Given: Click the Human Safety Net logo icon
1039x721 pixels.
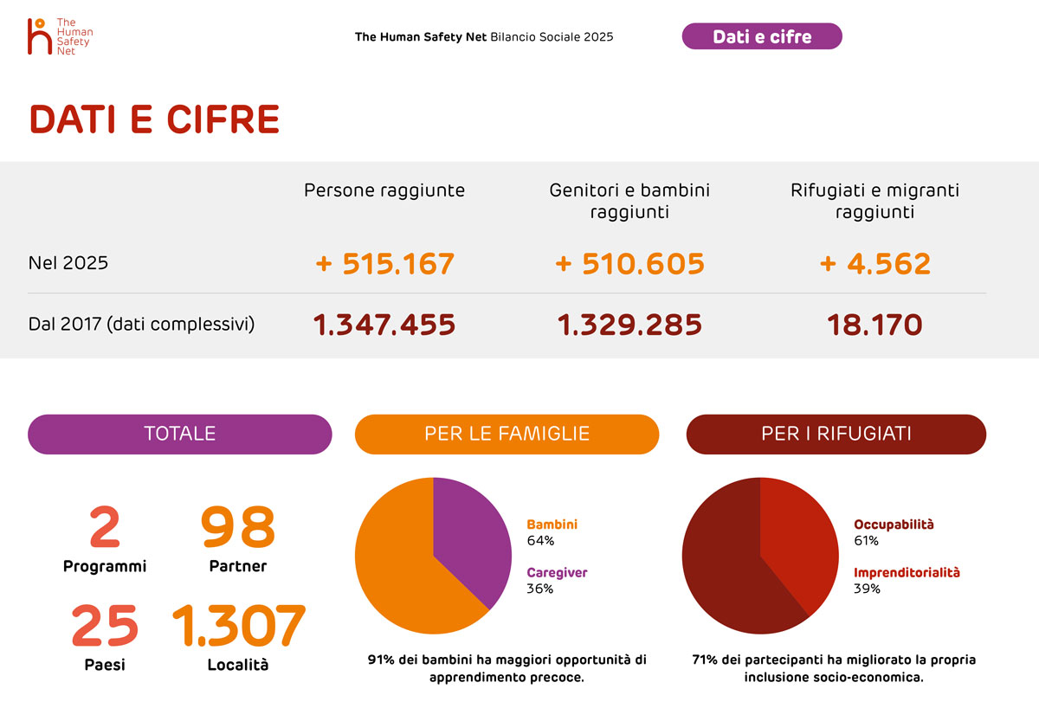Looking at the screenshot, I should [x=40, y=36].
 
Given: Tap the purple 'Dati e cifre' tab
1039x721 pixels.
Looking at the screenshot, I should [x=762, y=36].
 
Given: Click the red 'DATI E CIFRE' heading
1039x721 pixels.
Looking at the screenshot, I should [x=154, y=119].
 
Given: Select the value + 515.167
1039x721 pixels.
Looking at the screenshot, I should [x=385, y=263].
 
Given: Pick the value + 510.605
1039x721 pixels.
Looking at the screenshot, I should [x=629, y=263].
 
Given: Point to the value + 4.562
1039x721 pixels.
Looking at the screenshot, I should [x=874, y=263].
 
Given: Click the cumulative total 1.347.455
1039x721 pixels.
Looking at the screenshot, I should [x=384, y=325].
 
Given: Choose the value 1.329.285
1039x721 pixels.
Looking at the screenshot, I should [x=629, y=325].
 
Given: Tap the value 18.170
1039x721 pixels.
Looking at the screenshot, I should [x=874, y=325].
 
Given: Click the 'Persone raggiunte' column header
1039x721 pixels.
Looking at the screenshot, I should [x=384, y=190].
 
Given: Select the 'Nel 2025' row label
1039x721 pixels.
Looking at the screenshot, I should [x=68, y=263].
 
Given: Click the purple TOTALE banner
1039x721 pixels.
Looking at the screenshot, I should [x=179, y=434].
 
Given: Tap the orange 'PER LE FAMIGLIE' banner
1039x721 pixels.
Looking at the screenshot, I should [x=507, y=434].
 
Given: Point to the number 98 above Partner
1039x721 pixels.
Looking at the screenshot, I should [x=238, y=528].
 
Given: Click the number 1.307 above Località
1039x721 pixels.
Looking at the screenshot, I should [x=238, y=626].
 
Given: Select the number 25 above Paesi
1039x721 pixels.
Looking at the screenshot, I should [x=104, y=626].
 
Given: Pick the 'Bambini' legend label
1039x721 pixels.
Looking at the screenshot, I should [x=552, y=525].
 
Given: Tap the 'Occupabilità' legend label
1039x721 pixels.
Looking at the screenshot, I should [x=894, y=525].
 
